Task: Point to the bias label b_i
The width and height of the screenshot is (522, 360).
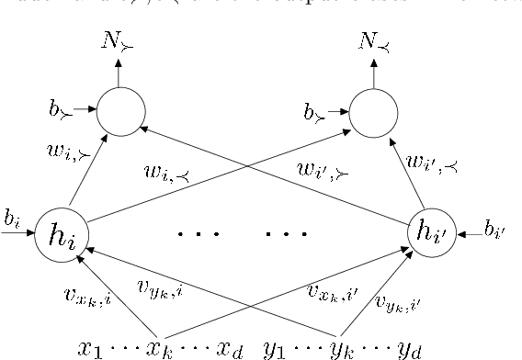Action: pyautogui.click(x=11, y=219)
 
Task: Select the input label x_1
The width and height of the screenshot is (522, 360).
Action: pyautogui.click(x=90, y=347)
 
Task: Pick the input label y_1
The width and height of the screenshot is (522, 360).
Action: pyautogui.click(x=276, y=347)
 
